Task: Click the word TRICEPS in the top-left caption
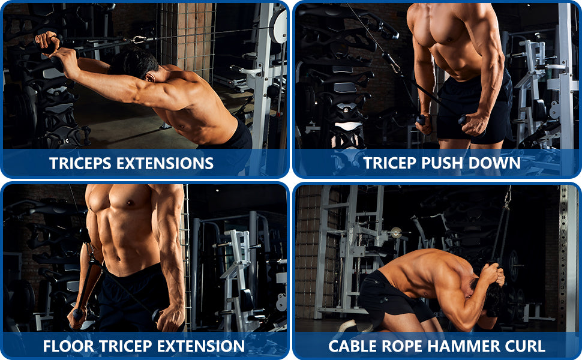tap(80, 163)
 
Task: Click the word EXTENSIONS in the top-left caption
tap(165, 163)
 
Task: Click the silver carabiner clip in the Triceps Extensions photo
tap(138, 40)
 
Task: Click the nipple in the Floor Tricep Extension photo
tap(130, 203)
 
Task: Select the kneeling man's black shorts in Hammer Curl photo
tap(390, 297)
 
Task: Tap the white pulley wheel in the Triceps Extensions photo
tap(278, 26)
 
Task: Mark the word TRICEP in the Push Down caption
tap(390, 163)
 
